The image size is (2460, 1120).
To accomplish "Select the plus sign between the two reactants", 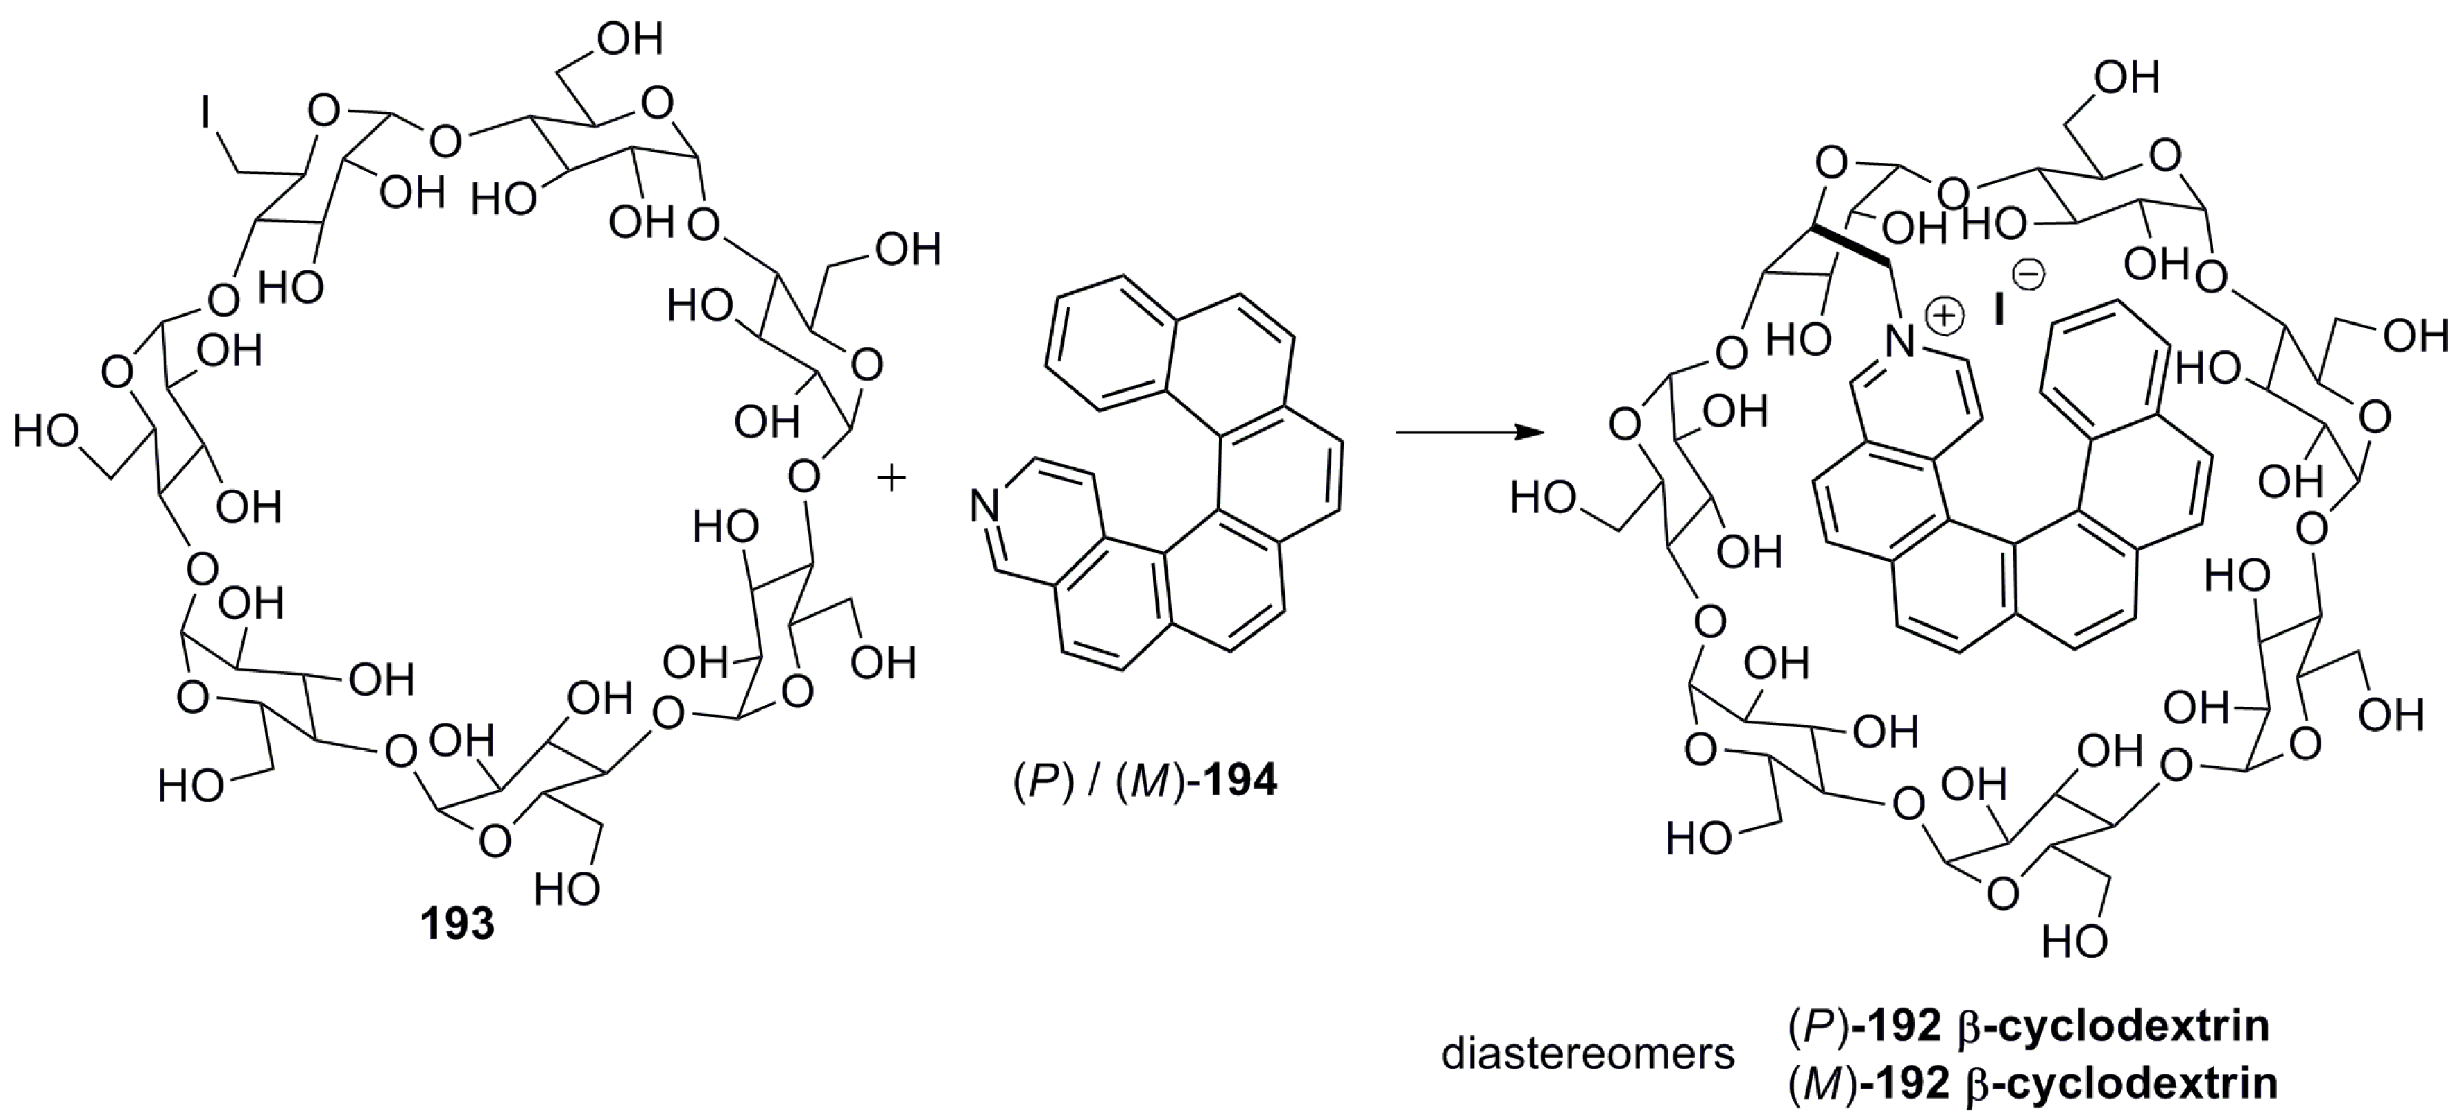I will pyautogui.click(x=891, y=479).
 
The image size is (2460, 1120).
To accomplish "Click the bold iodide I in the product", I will pyautogui.click(x=1998, y=309).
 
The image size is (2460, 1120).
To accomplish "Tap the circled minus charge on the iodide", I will pyautogui.click(x=2029, y=276).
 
